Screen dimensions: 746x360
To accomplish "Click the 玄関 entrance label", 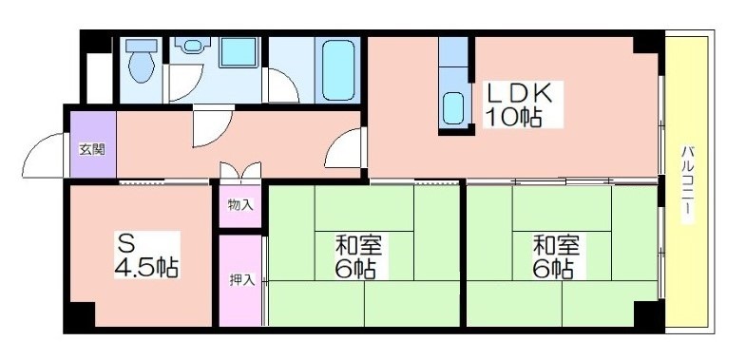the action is tap(92, 150).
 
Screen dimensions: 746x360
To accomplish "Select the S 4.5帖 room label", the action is tap(146, 255).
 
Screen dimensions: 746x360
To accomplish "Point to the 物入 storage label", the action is tap(240, 205).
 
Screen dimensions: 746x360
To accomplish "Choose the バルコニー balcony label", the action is tap(686, 184).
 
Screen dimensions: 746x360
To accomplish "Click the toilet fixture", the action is tap(142, 61).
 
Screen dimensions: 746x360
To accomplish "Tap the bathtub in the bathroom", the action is tap(338, 70).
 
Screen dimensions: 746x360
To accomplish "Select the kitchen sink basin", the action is tap(453, 108).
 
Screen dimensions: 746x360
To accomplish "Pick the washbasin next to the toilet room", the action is tap(192, 46).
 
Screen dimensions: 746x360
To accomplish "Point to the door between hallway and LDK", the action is tap(341, 148).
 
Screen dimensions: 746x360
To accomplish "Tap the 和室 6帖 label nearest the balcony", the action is tap(556, 257).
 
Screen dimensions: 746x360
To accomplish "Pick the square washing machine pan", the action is tap(239, 53).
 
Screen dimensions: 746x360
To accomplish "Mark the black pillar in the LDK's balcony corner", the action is tap(647, 45).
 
